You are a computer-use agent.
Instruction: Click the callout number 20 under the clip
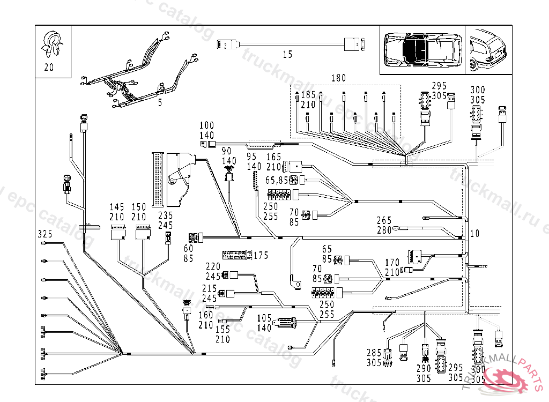49,68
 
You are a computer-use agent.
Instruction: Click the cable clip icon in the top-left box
53,43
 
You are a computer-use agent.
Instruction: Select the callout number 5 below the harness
160,103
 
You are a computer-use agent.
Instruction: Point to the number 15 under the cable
288,54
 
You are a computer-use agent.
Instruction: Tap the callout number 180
338,78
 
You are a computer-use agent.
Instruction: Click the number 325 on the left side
46,235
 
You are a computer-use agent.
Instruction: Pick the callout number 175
261,255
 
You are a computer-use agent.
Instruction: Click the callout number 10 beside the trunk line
474,234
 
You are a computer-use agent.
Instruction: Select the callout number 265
384,220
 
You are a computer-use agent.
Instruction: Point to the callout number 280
384,230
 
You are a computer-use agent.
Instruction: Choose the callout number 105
265,318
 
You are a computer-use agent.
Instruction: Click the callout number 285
374,353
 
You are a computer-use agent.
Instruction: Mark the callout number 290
424,369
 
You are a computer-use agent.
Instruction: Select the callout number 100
207,126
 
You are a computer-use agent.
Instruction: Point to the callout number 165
274,157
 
